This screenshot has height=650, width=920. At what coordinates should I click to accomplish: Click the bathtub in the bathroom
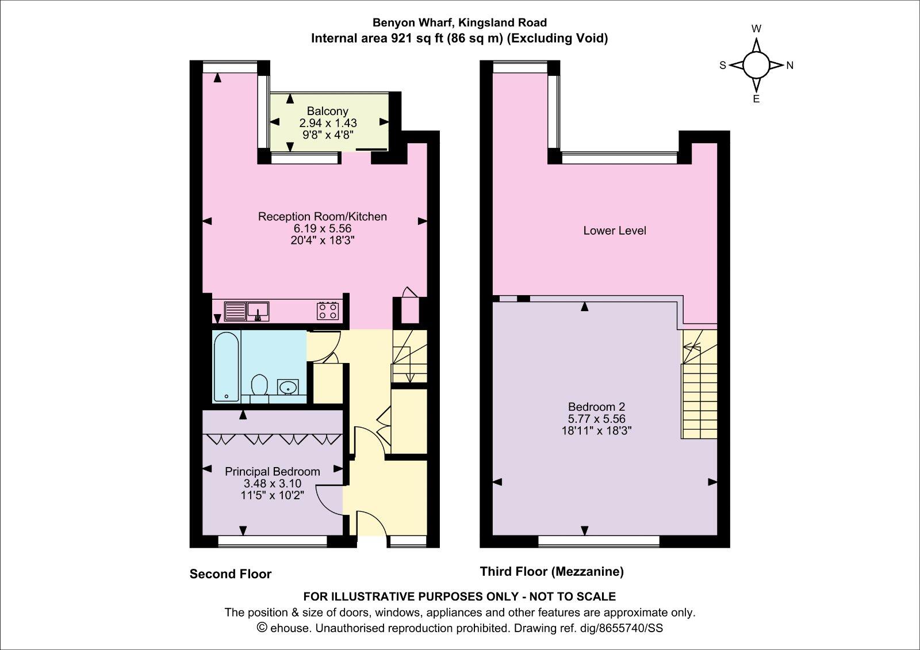(x=226, y=366)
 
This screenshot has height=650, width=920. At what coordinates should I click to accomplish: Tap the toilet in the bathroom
(x=260, y=386)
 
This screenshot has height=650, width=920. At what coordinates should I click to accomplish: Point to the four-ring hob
(x=327, y=311)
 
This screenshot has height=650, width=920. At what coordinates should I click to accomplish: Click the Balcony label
(x=327, y=111)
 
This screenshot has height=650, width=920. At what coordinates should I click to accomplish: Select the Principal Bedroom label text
(x=272, y=472)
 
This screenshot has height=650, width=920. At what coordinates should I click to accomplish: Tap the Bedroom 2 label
(x=596, y=407)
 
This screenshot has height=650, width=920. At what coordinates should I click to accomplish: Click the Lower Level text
(x=615, y=231)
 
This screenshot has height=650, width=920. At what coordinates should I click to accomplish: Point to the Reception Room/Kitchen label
(x=322, y=217)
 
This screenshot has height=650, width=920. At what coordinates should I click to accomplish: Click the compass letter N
(x=790, y=66)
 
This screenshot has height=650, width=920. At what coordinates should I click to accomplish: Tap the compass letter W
(x=757, y=29)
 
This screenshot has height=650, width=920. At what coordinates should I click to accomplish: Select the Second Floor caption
(x=231, y=574)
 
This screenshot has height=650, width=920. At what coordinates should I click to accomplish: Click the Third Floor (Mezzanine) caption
(x=552, y=572)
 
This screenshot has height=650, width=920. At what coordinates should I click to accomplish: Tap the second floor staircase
(x=409, y=357)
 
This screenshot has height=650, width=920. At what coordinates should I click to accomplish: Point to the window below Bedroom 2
(x=599, y=540)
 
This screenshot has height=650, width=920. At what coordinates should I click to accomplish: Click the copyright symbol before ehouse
(x=262, y=628)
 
